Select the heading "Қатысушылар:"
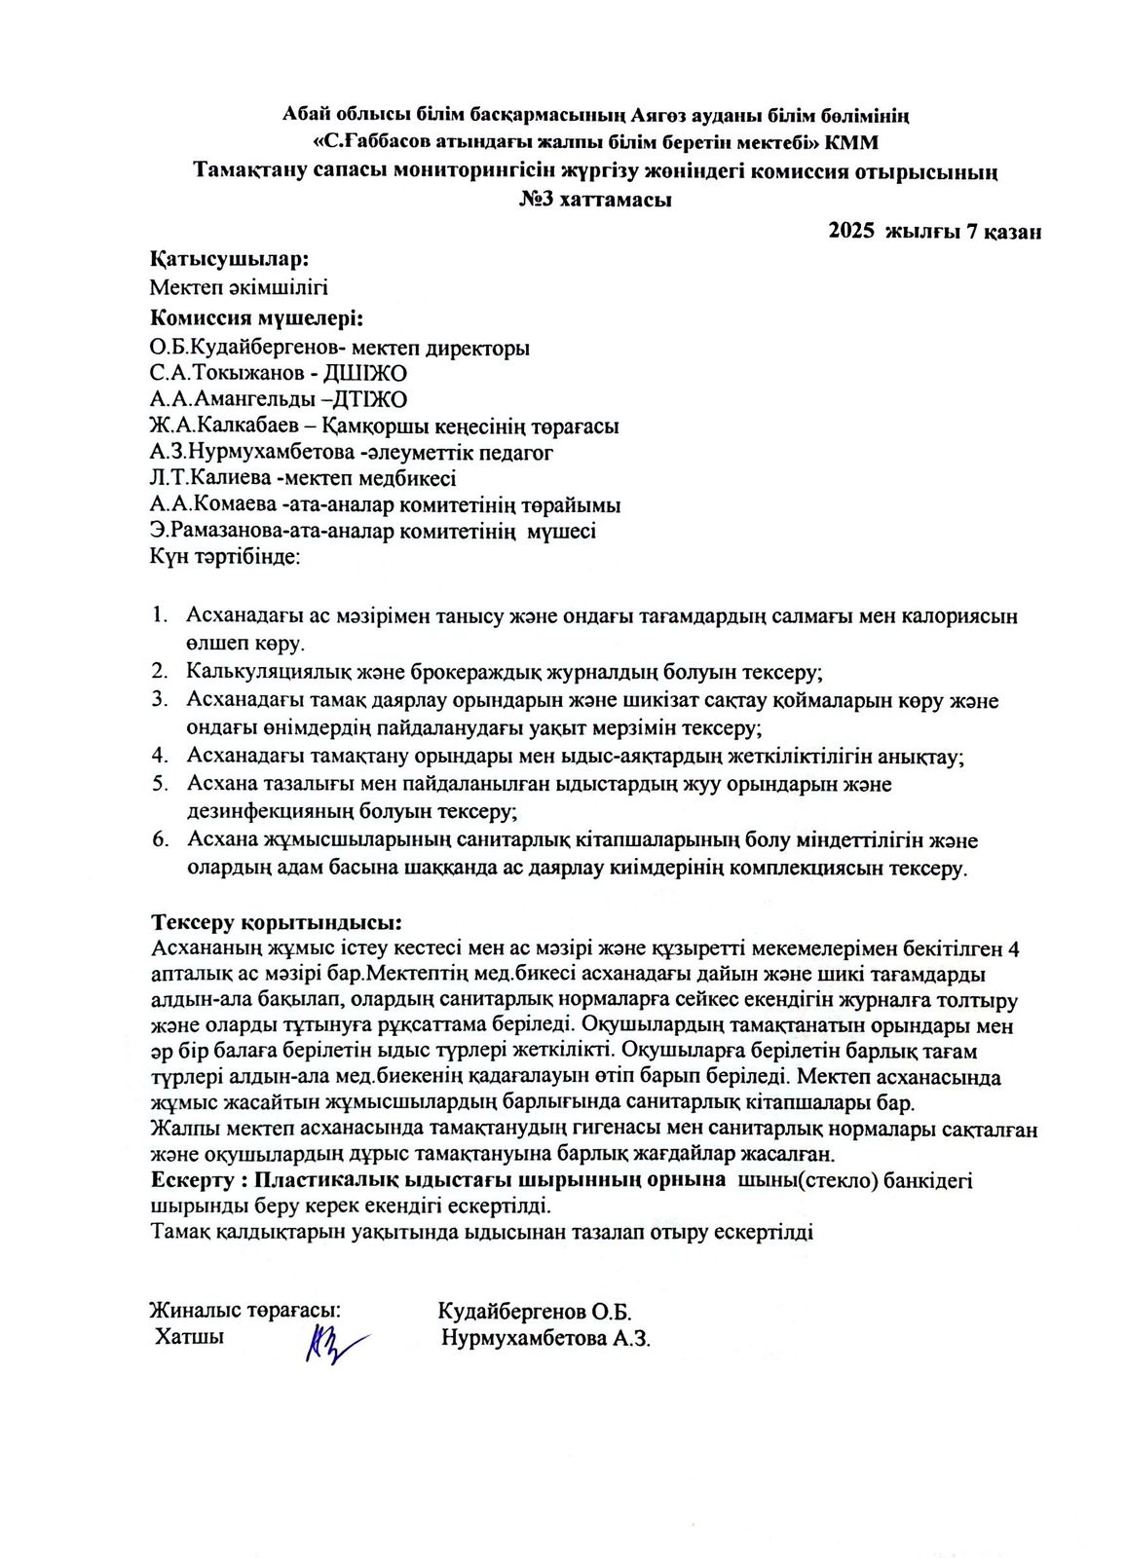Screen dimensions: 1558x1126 point(229,260)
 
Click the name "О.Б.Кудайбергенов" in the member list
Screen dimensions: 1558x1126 point(240,348)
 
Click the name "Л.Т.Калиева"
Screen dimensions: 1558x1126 point(210,479)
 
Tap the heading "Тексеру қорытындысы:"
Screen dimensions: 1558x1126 point(277,922)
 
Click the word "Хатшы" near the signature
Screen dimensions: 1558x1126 point(189,1336)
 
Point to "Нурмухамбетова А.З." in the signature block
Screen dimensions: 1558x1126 point(545,1338)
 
